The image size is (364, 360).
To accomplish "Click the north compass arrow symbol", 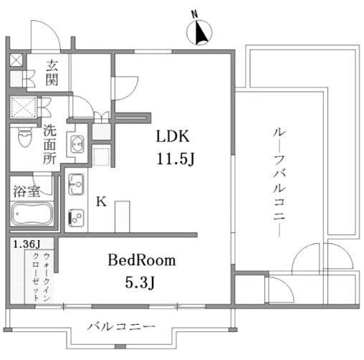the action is click(199, 33).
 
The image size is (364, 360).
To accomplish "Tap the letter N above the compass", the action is click(195, 14).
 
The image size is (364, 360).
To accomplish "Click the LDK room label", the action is click(173, 136).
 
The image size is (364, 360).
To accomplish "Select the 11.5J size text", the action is click(176, 158).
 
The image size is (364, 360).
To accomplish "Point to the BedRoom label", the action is click(142, 260).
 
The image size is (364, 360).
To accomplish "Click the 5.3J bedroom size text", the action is click(140, 283).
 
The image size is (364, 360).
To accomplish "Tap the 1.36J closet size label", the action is click(27, 244).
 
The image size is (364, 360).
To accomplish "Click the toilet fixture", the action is click(25, 137).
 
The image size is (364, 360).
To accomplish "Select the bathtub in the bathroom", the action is click(32, 214).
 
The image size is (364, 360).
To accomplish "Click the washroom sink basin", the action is click(77, 144).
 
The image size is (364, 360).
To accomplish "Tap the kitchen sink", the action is click(76, 184).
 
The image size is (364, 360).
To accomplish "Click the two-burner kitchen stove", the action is click(76, 217).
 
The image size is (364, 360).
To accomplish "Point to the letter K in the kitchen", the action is click(101, 202).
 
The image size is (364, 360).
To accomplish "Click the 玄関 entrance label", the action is click(52, 72).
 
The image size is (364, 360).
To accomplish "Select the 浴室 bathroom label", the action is click(27, 191).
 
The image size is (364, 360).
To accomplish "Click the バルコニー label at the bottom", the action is click(121, 326).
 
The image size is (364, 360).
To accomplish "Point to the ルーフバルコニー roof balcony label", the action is click(279, 182).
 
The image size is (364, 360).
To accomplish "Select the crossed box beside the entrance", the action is click(16, 60).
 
